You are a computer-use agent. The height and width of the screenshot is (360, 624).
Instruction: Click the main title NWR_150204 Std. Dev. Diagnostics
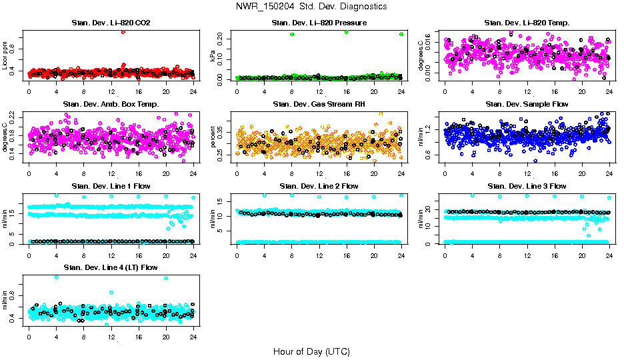pyautogui.click(x=311, y=7)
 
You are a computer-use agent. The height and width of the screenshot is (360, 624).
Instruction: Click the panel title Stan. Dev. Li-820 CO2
pyautogui.click(x=111, y=23)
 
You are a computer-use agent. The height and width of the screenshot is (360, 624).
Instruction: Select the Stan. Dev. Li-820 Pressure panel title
pyautogui.click(x=319, y=23)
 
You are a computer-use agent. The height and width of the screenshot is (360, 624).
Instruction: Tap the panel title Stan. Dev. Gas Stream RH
pyautogui.click(x=319, y=104)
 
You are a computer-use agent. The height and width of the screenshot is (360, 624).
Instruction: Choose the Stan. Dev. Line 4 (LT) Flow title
pyautogui.click(x=111, y=267)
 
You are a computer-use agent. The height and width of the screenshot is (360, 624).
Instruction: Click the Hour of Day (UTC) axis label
pyautogui.click(x=311, y=351)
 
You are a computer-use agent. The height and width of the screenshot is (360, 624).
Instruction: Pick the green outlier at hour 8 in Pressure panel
pyautogui.click(x=292, y=34)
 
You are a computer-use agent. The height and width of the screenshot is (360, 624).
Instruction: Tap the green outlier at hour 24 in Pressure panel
pyautogui.click(x=401, y=33)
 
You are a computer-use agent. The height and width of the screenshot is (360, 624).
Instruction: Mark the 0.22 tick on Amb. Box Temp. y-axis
pyautogui.click(x=17, y=115)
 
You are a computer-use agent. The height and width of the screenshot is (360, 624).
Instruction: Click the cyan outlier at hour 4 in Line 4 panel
pyautogui.click(x=56, y=277)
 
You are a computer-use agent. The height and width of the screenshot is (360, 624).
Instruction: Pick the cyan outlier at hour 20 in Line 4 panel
pyautogui.click(x=166, y=277)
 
